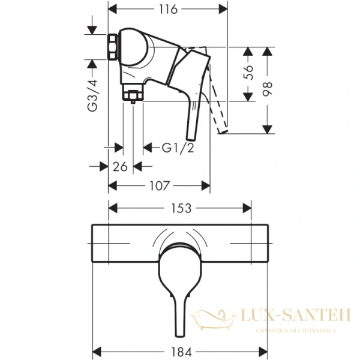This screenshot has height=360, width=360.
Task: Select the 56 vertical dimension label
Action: pyautogui.click(x=249, y=73)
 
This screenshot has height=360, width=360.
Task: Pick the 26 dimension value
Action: pyautogui.click(x=120, y=167)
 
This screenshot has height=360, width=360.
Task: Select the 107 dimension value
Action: pyautogui.click(x=159, y=186)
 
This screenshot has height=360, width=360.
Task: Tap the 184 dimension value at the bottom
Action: pyautogui.click(x=181, y=349)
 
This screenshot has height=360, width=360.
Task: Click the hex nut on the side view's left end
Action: pyautogui.click(x=112, y=48)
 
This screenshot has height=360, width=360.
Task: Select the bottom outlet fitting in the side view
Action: pyautogui.click(x=132, y=94)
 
